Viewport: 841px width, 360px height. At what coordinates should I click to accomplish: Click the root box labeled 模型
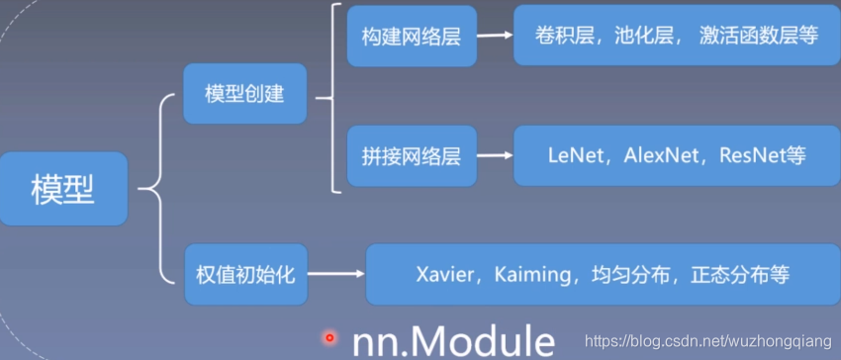point(63,188)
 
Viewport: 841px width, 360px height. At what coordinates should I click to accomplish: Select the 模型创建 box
point(244,95)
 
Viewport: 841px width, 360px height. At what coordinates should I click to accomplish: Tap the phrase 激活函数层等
point(759,37)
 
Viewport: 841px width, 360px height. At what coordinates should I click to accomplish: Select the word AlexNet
point(662,156)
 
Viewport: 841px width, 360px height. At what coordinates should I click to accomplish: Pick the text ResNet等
point(763,156)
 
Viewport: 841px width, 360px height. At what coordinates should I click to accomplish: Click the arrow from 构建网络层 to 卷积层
point(495,37)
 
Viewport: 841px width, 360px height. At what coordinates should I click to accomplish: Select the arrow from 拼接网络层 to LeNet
point(495,156)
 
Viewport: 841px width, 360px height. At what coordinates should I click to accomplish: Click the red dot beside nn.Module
point(329,337)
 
